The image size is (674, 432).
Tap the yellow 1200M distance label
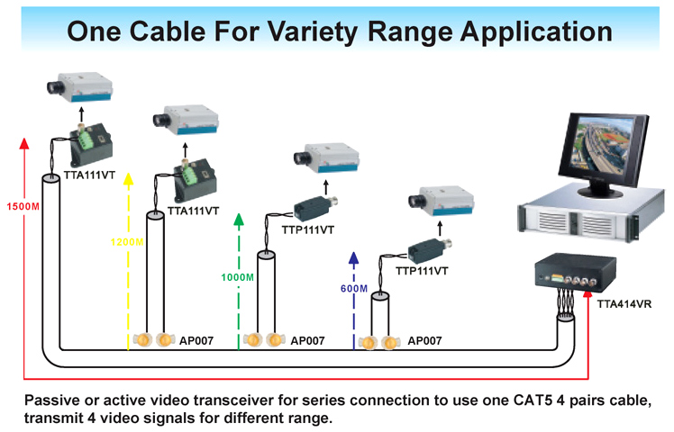pyautogui.click(x=128, y=242)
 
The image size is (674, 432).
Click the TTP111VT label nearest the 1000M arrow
pyautogui.click(x=307, y=231)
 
